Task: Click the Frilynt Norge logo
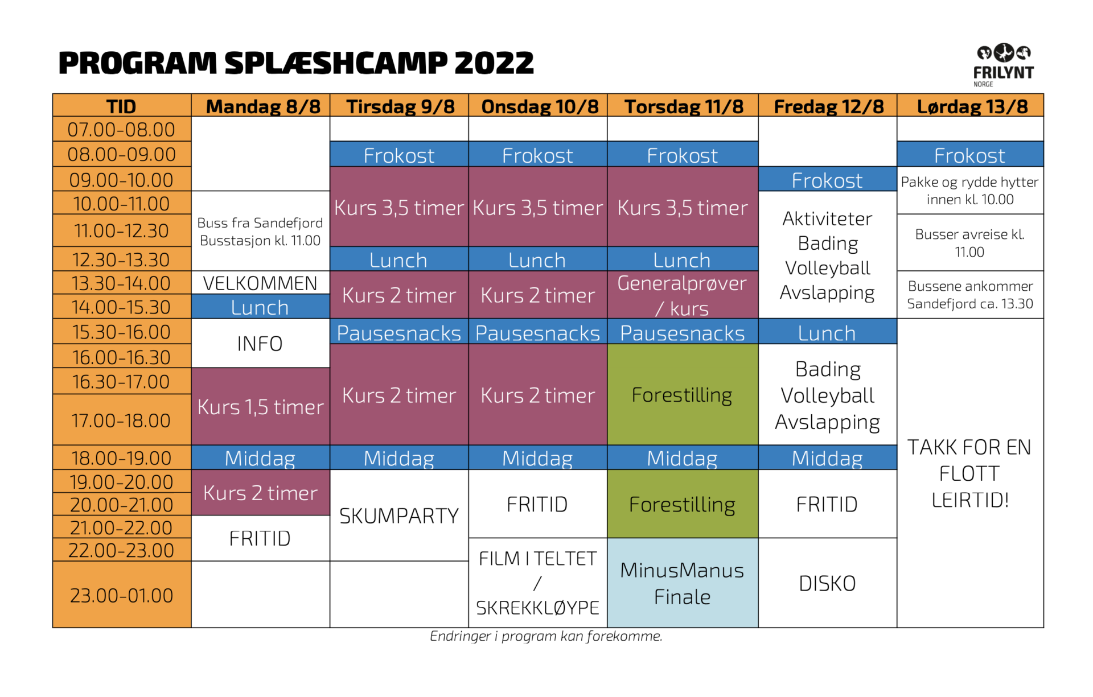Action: click(1003, 65)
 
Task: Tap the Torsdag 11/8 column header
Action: click(683, 106)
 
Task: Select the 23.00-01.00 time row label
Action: click(122, 595)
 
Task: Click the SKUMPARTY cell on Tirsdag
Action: click(399, 515)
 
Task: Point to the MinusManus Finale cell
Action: click(683, 583)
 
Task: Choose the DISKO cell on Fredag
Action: click(827, 583)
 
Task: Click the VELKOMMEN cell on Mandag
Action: click(260, 283)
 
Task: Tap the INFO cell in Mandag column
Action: click(260, 343)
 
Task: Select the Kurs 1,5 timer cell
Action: click(260, 406)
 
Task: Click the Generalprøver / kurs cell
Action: click(683, 295)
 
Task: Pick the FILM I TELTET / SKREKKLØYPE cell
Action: click(537, 583)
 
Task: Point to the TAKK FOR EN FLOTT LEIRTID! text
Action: click(969, 473)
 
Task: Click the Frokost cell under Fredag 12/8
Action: click(827, 179)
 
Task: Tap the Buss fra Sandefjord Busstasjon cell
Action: click(260, 231)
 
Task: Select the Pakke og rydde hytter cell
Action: click(970, 190)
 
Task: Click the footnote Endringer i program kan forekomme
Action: click(546, 636)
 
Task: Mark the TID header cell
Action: click(122, 106)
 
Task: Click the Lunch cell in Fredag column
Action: click(827, 332)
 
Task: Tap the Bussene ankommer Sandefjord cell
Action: click(970, 295)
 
